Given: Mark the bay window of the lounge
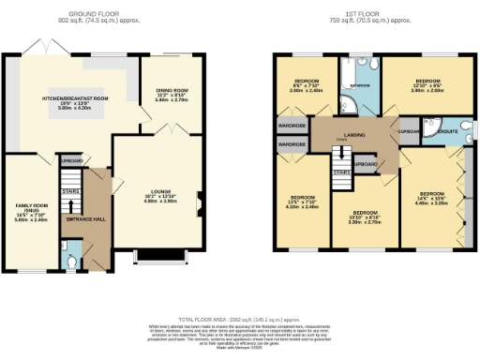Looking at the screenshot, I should point(160,254).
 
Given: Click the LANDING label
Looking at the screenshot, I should point(355,137).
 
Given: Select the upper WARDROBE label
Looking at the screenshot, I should point(293,127).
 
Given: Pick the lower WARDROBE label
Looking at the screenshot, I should point(293,144).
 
